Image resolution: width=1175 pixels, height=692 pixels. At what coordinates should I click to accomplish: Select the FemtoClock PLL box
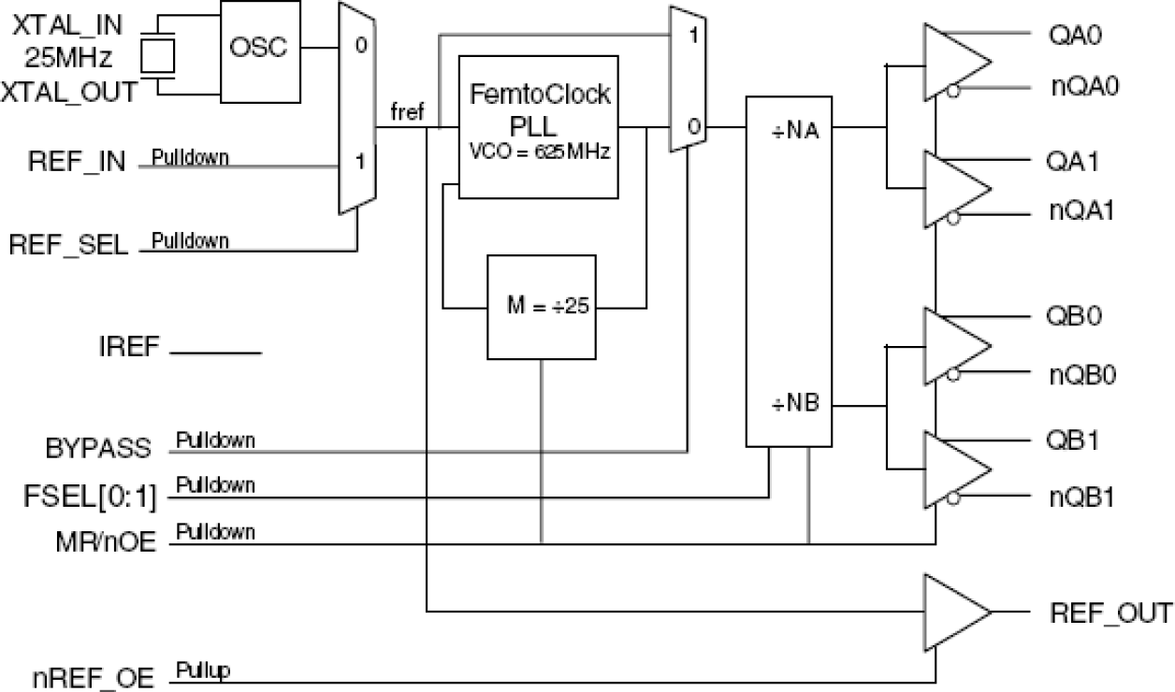pos(539,126)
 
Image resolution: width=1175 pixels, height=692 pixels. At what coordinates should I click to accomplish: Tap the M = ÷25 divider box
pos(542,307)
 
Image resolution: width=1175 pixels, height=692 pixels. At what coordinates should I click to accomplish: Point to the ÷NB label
pos(789,405)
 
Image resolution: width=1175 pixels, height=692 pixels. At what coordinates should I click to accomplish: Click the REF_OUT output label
pos(1109,613)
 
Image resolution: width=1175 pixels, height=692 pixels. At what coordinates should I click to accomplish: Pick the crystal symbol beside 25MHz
pos(157,56)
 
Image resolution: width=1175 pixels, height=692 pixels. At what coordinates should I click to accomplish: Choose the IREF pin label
pos(130,352)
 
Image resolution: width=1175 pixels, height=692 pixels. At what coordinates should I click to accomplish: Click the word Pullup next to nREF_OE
pos(204,670)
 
